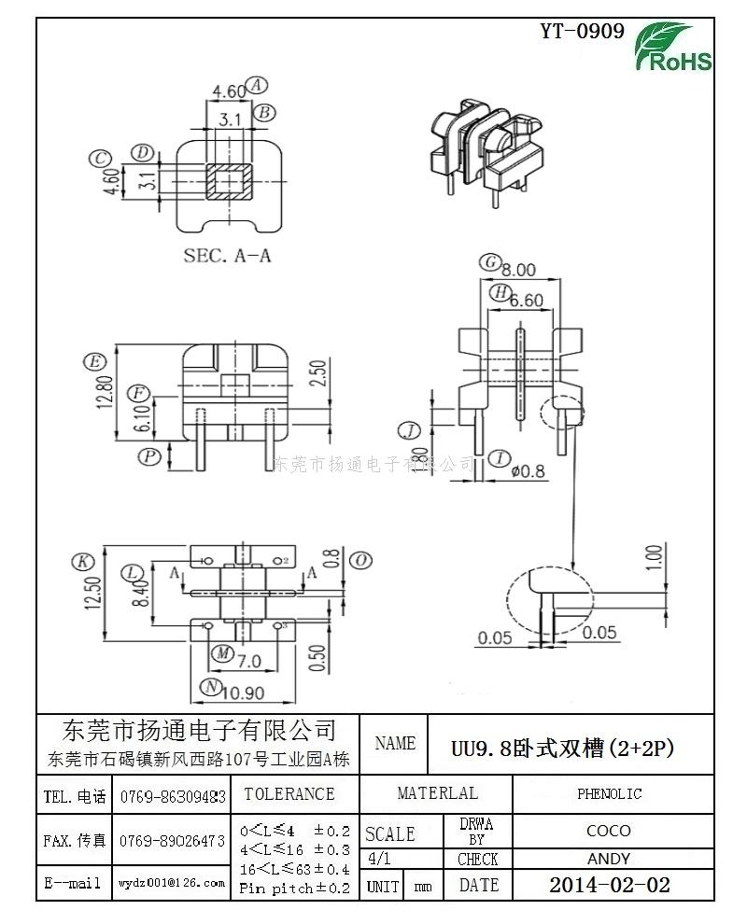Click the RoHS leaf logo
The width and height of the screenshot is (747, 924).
coord(674,47)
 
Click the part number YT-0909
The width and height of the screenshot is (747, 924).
coord(582,32)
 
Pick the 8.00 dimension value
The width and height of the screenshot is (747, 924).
coord(518,270)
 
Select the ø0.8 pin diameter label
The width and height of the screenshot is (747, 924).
coord(529,470)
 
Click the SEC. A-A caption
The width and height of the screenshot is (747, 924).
coord(227,255)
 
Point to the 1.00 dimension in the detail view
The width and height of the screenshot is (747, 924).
coord(655,558)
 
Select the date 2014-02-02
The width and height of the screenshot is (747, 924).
coord(609,885)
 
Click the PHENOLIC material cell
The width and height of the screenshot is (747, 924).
coord(609,794)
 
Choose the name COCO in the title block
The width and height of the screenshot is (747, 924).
coord(609,831)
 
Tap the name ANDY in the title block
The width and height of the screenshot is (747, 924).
coord(609,859)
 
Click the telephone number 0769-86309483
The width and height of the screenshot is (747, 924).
coord(173,797)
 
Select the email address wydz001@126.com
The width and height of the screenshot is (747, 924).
coord(172,882)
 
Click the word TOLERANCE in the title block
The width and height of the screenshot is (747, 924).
coord(289,794)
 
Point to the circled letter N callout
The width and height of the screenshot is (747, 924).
coord(212,686)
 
